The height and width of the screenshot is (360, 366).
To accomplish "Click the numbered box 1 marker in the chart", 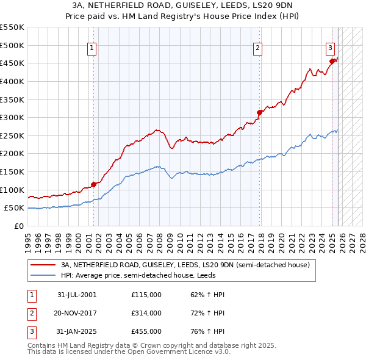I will coord(91,48).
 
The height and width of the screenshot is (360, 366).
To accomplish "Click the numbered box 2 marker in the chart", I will coord(258,48).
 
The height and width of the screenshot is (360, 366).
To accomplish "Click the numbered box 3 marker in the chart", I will coord(330,48).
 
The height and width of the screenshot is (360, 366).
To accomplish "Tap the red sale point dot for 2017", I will coord(260,112).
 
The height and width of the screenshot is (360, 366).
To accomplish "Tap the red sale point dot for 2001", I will coord(94,184).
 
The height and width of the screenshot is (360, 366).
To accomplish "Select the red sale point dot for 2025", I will coord(332,61).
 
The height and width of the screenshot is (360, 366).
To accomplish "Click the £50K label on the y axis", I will coord(15,208).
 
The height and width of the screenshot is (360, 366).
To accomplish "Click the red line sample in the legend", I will coord(43,265).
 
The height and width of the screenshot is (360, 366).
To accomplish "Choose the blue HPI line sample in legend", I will coord(43,275).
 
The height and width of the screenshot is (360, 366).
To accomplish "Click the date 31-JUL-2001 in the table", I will coord(76,295).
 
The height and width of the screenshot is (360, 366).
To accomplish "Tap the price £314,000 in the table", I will coord(146,313).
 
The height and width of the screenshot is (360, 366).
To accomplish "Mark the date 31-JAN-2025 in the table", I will coord(76,331).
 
